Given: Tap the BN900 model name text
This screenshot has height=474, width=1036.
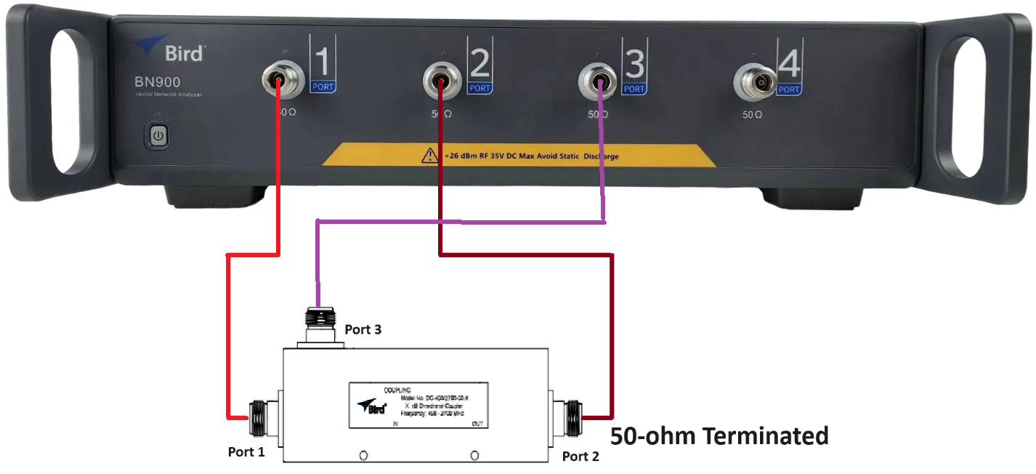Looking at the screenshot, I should point(158,82).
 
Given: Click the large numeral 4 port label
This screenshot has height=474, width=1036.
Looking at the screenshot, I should point(789,64).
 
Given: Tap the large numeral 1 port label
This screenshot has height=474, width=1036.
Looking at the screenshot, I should point(323,63).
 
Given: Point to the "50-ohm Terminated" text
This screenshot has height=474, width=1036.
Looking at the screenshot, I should point(719,435).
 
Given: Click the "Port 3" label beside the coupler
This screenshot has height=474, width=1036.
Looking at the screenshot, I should point(363,329).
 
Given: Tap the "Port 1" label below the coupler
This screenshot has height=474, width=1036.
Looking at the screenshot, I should point(246,451).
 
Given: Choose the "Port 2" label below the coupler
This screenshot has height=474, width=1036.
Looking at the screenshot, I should point(580,456).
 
